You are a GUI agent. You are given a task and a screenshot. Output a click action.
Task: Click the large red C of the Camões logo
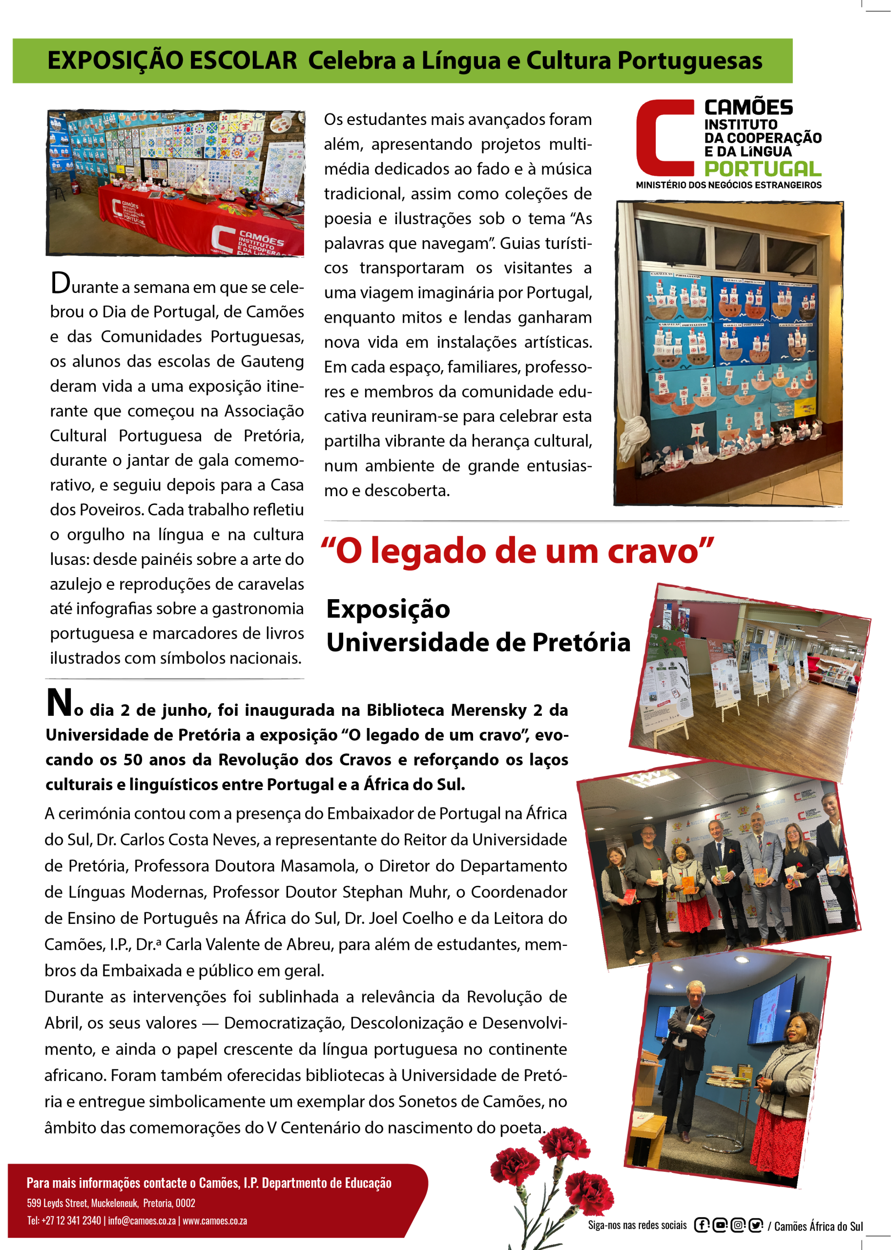[664, 138]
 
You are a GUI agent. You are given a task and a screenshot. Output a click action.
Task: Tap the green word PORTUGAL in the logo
[762, 168]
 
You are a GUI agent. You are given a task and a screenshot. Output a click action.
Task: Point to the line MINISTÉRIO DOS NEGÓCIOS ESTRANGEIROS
[728, 185]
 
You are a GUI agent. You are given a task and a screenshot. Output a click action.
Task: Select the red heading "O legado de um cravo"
[517, 551]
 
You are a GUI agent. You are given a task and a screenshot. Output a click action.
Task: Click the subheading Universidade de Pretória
[478, 642]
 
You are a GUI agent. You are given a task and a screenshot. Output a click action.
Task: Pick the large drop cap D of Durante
[61, 283]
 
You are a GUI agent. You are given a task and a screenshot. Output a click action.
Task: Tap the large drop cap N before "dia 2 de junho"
[59, 703]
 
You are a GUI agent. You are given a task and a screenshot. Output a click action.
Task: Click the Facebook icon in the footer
[701, 1225]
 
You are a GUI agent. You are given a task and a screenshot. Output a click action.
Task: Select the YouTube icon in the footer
[720, 1225]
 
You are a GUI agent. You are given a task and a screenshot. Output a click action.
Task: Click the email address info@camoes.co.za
[142, 1220]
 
